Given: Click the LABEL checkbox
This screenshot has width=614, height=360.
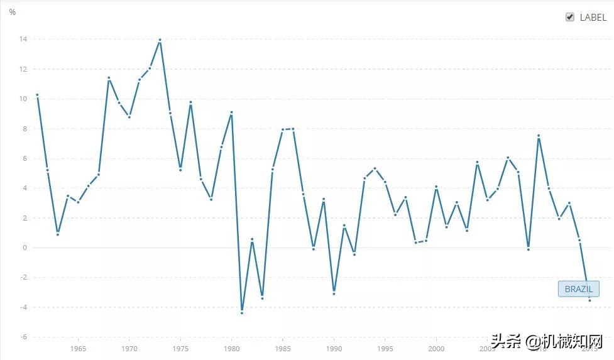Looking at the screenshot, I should [570, 18].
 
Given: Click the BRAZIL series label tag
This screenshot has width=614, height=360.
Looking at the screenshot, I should [578, 289].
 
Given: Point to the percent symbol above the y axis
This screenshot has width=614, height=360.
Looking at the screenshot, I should [13, 12].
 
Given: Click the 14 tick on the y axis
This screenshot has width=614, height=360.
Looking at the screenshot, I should [23, 40].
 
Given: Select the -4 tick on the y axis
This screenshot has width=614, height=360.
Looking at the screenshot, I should [23, 307].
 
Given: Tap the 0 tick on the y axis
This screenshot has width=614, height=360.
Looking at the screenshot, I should [25, 248].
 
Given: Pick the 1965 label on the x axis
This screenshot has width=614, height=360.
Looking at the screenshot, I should [78, 349].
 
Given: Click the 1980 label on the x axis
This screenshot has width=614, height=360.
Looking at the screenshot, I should [231, 349].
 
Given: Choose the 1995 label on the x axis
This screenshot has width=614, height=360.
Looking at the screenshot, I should [385, 349].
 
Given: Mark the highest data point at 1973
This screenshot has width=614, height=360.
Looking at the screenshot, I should [160, 40].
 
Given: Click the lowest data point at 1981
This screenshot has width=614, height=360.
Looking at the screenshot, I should [242, 312].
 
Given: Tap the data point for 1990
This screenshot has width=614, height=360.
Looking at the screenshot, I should [334, 293].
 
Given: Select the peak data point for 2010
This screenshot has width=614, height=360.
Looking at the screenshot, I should [539, 136].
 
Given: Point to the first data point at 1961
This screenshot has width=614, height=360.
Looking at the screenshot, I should [37, 95].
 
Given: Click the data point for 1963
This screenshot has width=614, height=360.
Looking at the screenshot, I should [58, 234].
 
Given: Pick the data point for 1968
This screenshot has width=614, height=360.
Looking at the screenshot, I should [109, 78].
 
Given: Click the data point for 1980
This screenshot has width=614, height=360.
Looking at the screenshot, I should [232, 112].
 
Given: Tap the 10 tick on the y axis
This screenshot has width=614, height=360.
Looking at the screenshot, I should [23, 99].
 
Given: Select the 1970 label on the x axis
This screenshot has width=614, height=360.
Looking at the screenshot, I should [129, 349].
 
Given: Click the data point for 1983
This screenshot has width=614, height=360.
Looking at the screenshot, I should [262, 298].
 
